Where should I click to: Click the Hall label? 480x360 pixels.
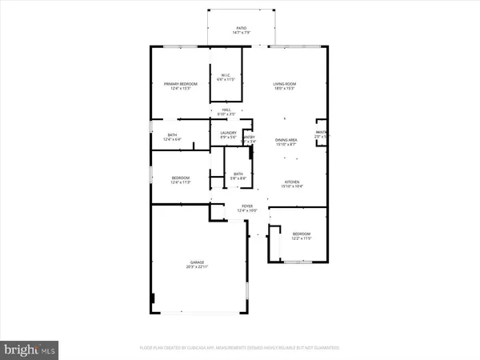226,110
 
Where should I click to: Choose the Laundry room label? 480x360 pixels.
228,133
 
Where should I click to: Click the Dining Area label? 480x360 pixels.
286,140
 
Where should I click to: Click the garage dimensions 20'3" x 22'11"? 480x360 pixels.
198,267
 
